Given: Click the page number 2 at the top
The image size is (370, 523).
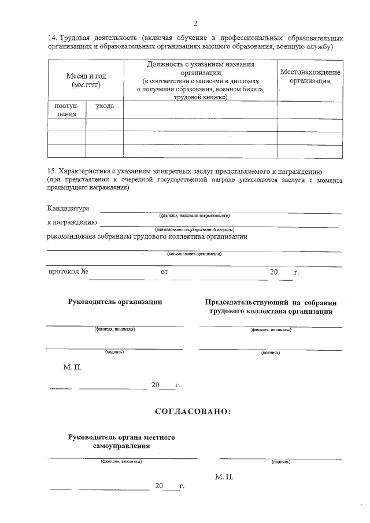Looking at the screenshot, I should coord(195,24).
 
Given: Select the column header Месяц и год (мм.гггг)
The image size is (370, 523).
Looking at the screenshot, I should coord(86,80).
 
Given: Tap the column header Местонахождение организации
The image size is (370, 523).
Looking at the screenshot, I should coord(310,76).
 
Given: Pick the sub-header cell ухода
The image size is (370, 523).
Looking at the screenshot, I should coord(104,106).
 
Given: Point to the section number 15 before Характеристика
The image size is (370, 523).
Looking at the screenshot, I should coord(51,172).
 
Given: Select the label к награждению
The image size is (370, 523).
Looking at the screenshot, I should coord(72,222).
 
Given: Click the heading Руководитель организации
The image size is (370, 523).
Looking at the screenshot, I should coord(115,302).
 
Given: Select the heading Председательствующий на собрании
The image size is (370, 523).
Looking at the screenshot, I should coord(270,302).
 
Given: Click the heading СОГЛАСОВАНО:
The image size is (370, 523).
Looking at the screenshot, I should coord(193,411).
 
